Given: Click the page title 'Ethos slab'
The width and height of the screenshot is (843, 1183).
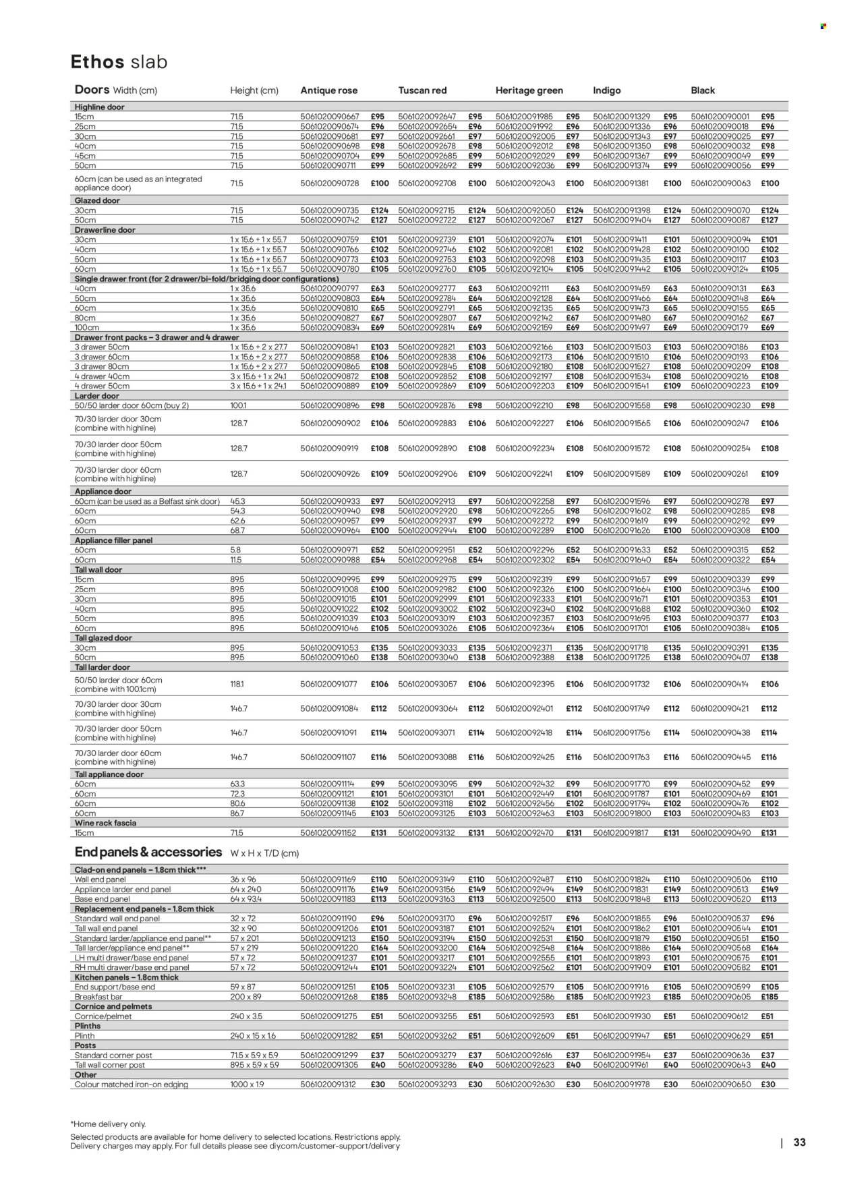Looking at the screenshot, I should tap(119, 62).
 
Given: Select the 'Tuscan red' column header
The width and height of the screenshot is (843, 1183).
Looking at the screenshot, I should tap(422, 90).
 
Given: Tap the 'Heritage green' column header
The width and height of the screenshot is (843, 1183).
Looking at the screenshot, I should tap(529, 90).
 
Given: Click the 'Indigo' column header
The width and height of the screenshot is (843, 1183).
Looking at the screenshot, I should tap(606, 90).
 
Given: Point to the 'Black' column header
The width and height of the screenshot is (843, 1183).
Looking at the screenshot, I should tap(703, 90).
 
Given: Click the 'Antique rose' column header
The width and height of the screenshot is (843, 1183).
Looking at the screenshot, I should tap(328, 90).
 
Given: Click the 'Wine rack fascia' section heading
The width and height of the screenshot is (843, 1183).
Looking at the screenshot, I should tap(105, 824).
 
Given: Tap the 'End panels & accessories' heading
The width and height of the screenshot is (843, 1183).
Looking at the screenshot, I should tap(148, 853).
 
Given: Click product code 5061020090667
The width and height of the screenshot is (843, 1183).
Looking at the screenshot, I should tap(330, 117).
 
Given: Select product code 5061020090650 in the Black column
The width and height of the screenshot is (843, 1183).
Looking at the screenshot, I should tap(720, 1085).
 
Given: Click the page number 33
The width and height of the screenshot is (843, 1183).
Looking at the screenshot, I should tap(799, 1143).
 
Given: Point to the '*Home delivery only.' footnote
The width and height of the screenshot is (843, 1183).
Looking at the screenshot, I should tap(108, 1124).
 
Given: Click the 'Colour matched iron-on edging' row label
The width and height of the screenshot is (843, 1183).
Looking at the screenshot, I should tap(131, 1085).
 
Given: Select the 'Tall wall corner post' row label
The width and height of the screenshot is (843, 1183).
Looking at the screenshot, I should tap(109, 1065).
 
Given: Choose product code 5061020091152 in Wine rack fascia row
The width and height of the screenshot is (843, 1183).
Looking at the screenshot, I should tap(330, 833).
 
